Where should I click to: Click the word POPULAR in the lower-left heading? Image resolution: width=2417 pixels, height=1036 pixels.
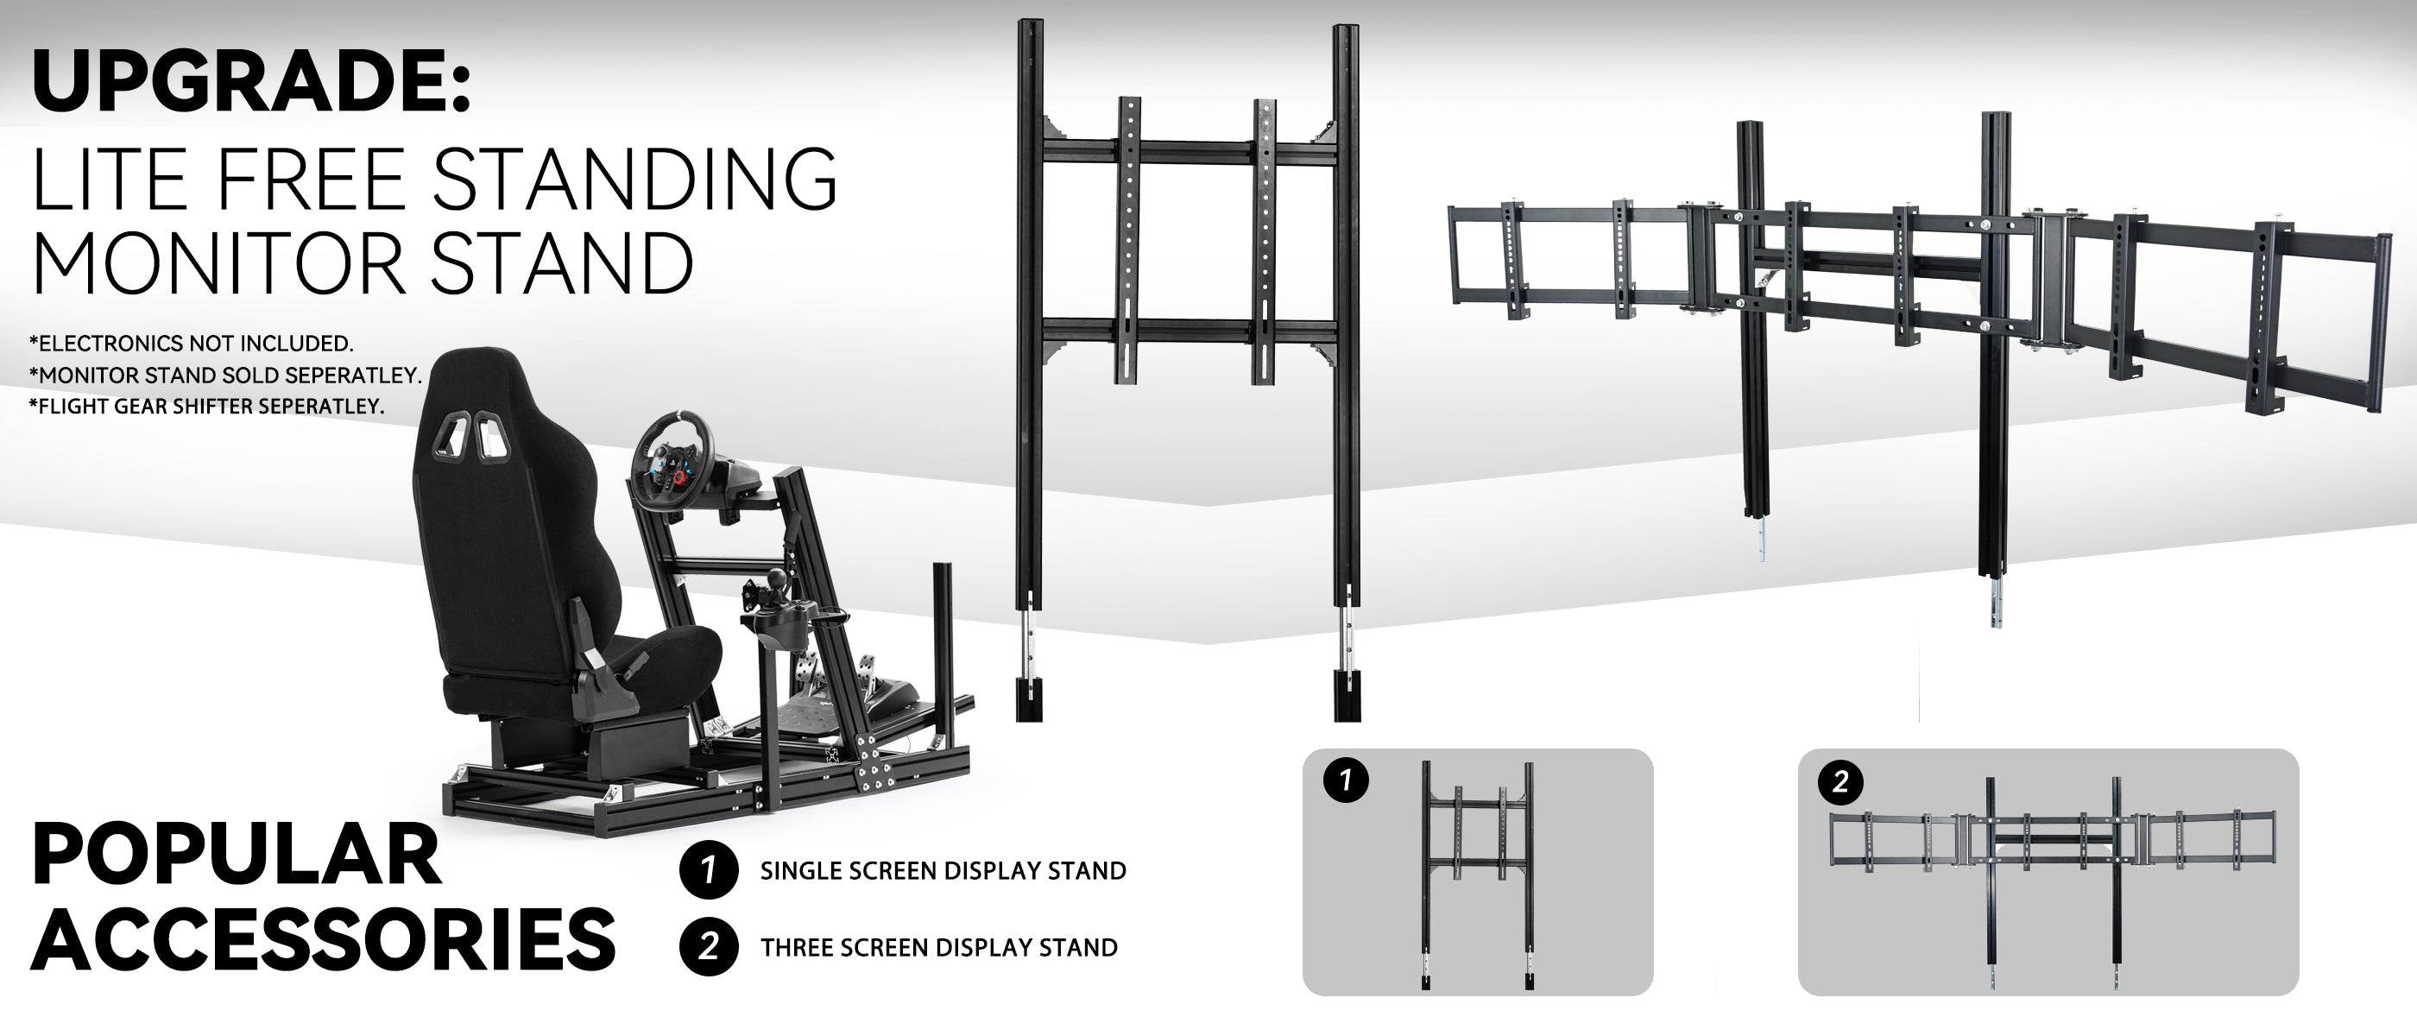pyautogui.click(x=237, y=855)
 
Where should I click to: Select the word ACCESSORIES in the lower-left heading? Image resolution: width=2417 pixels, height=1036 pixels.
pyautogui.click(x=324, y=938)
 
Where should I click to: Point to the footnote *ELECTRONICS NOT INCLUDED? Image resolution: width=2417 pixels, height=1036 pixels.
pyautogui.click(x=192, y=344)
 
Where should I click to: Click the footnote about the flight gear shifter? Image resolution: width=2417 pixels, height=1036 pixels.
pyautogui.click(x=207, y=407)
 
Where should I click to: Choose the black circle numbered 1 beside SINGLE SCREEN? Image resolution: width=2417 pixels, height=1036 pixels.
pyautogui.click(x=708, y=870)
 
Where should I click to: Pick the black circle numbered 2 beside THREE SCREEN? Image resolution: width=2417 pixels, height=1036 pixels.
pyautogui.click(x=708, y=947)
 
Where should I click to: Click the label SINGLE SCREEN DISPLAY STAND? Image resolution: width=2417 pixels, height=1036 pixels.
pyautogui.click(x=943, y=871)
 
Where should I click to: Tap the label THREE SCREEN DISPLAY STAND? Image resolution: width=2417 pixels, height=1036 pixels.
pyautogui.click(x=939, y=948)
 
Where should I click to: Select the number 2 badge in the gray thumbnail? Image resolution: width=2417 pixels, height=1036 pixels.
pyautogui.click(x=1840, y=781)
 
